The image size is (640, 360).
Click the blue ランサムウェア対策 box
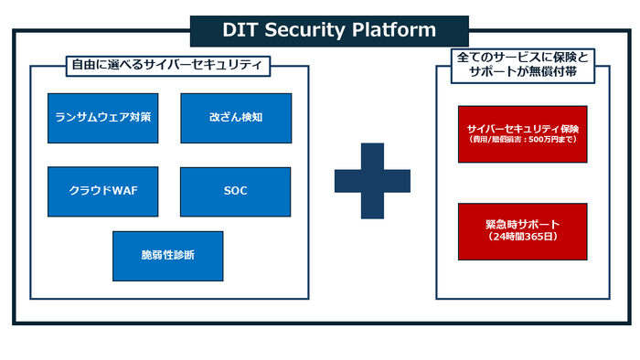coord(102,118)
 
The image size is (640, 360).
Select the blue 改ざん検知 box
coord(236,118)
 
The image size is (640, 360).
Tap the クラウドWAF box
coord(102,191)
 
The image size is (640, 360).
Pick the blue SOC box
coord(236,191)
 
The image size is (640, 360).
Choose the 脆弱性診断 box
coord(167,255)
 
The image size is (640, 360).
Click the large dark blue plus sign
coord(372,181)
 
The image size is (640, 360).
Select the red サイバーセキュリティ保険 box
coord(522,132)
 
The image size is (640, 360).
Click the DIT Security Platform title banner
coord(328,30)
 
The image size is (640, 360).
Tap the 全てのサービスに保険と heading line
coord(521,57)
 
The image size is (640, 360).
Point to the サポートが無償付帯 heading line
coord(521,72)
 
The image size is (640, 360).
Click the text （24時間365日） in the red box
coord(522,237)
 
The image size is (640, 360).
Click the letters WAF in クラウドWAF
coord(123,191)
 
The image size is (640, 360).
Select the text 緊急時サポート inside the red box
coord(522,223)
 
